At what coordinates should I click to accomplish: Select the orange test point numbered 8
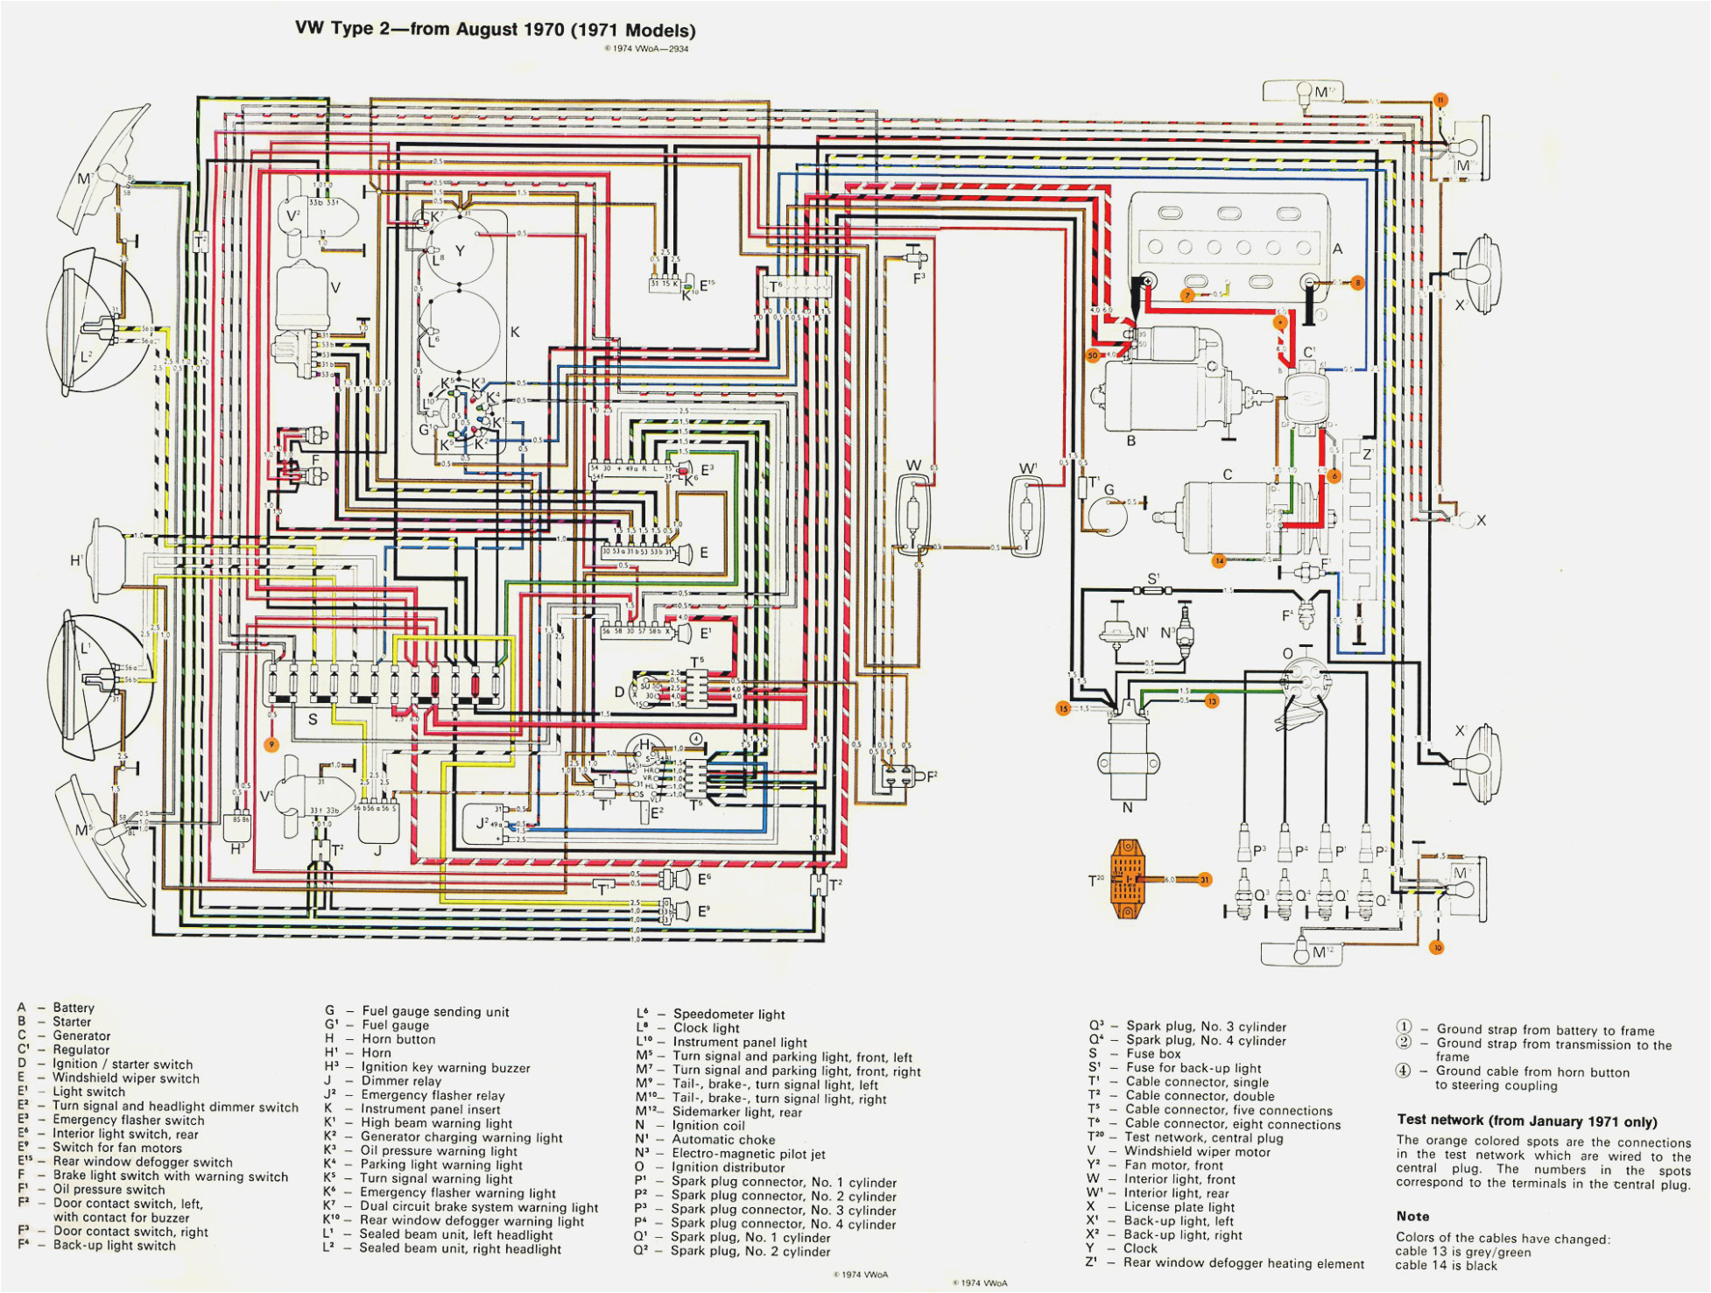[x=1357, y=283]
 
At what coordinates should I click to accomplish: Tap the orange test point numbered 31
[x=1205, y=879]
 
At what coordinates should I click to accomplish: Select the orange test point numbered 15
[x=1063, y=708]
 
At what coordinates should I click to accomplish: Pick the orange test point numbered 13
[x=1212, y=700]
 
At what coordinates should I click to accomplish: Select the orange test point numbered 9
[x=271, y=744]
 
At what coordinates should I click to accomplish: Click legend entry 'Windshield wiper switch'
[x=125, y=1079]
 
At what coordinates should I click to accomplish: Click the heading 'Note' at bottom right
[x=1412, y=1216]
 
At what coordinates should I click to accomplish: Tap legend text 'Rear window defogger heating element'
[x=1243, y=1263]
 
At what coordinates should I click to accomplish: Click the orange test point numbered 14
[x=1219, y=560]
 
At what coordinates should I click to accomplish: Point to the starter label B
[x=1130, y=440]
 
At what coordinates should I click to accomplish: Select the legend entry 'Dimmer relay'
[x=401, y=1081]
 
